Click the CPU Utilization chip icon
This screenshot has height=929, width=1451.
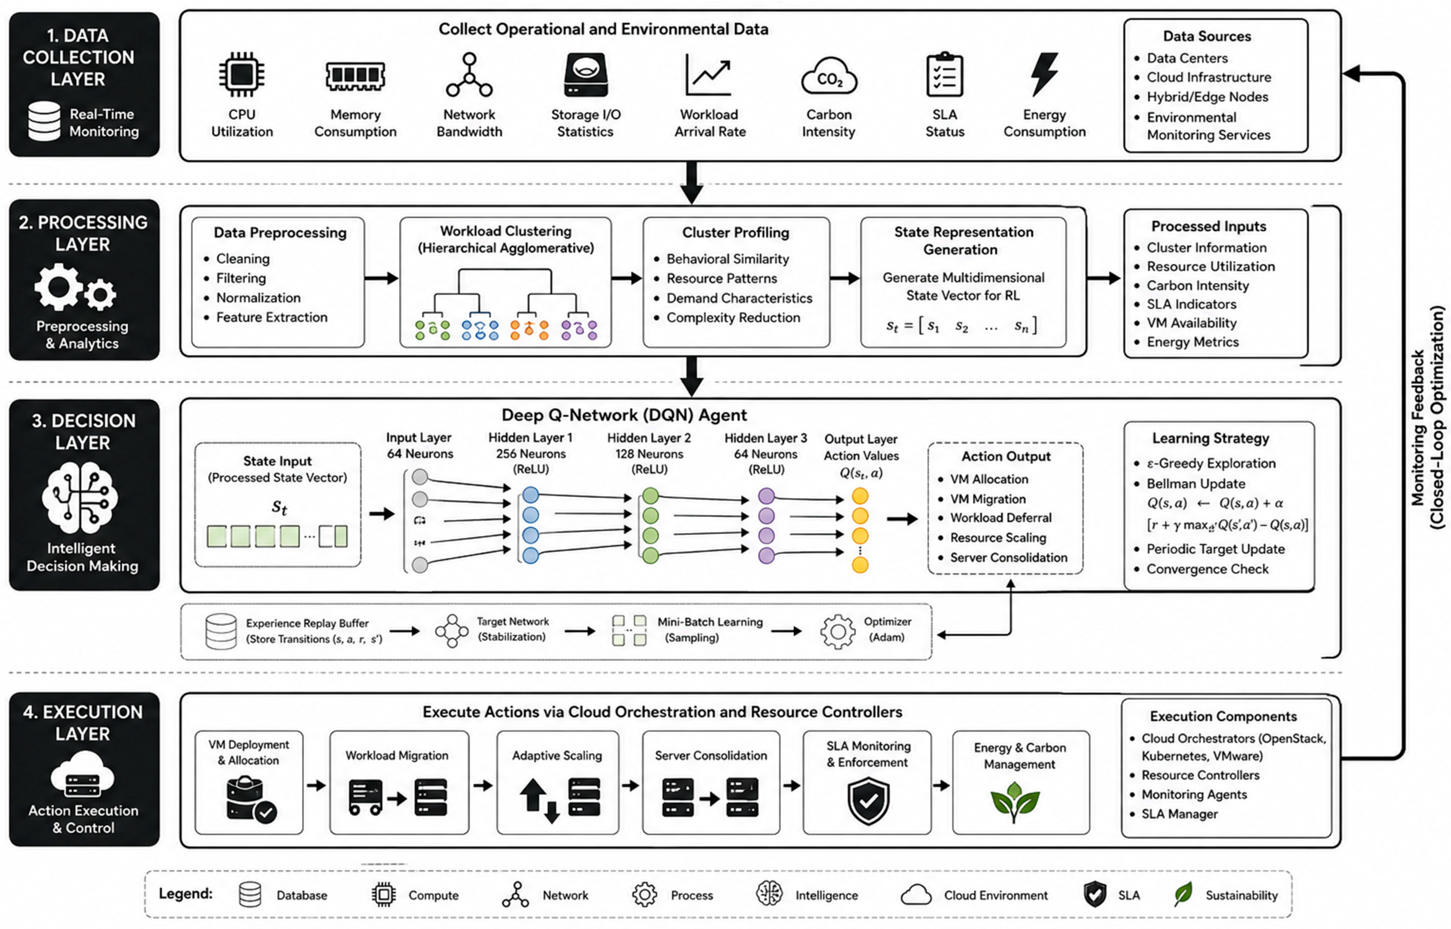tap(241, 74)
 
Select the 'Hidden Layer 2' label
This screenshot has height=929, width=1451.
tap(649, 438)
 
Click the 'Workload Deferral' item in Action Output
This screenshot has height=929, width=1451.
tap(1001, 518)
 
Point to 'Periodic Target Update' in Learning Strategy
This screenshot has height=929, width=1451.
tap(1216, 549)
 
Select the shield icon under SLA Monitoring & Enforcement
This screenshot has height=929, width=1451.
tap(868, 801)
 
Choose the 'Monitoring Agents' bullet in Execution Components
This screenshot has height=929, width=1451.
tap(1194, 794)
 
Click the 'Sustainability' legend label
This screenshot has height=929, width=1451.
tap(1242, 895)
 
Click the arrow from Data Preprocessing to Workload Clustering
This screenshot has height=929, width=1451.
tap(381, 278)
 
